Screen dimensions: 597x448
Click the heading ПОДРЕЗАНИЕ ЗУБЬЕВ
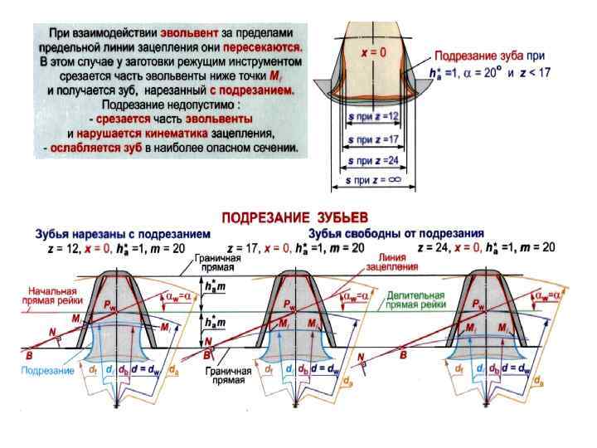[x=298, y=217]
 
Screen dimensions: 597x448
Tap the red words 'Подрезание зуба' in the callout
[x=472, y=56]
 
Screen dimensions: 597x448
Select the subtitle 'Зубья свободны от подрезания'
[x=396, y=233]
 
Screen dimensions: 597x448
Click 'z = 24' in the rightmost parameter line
[x=436, y=247]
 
